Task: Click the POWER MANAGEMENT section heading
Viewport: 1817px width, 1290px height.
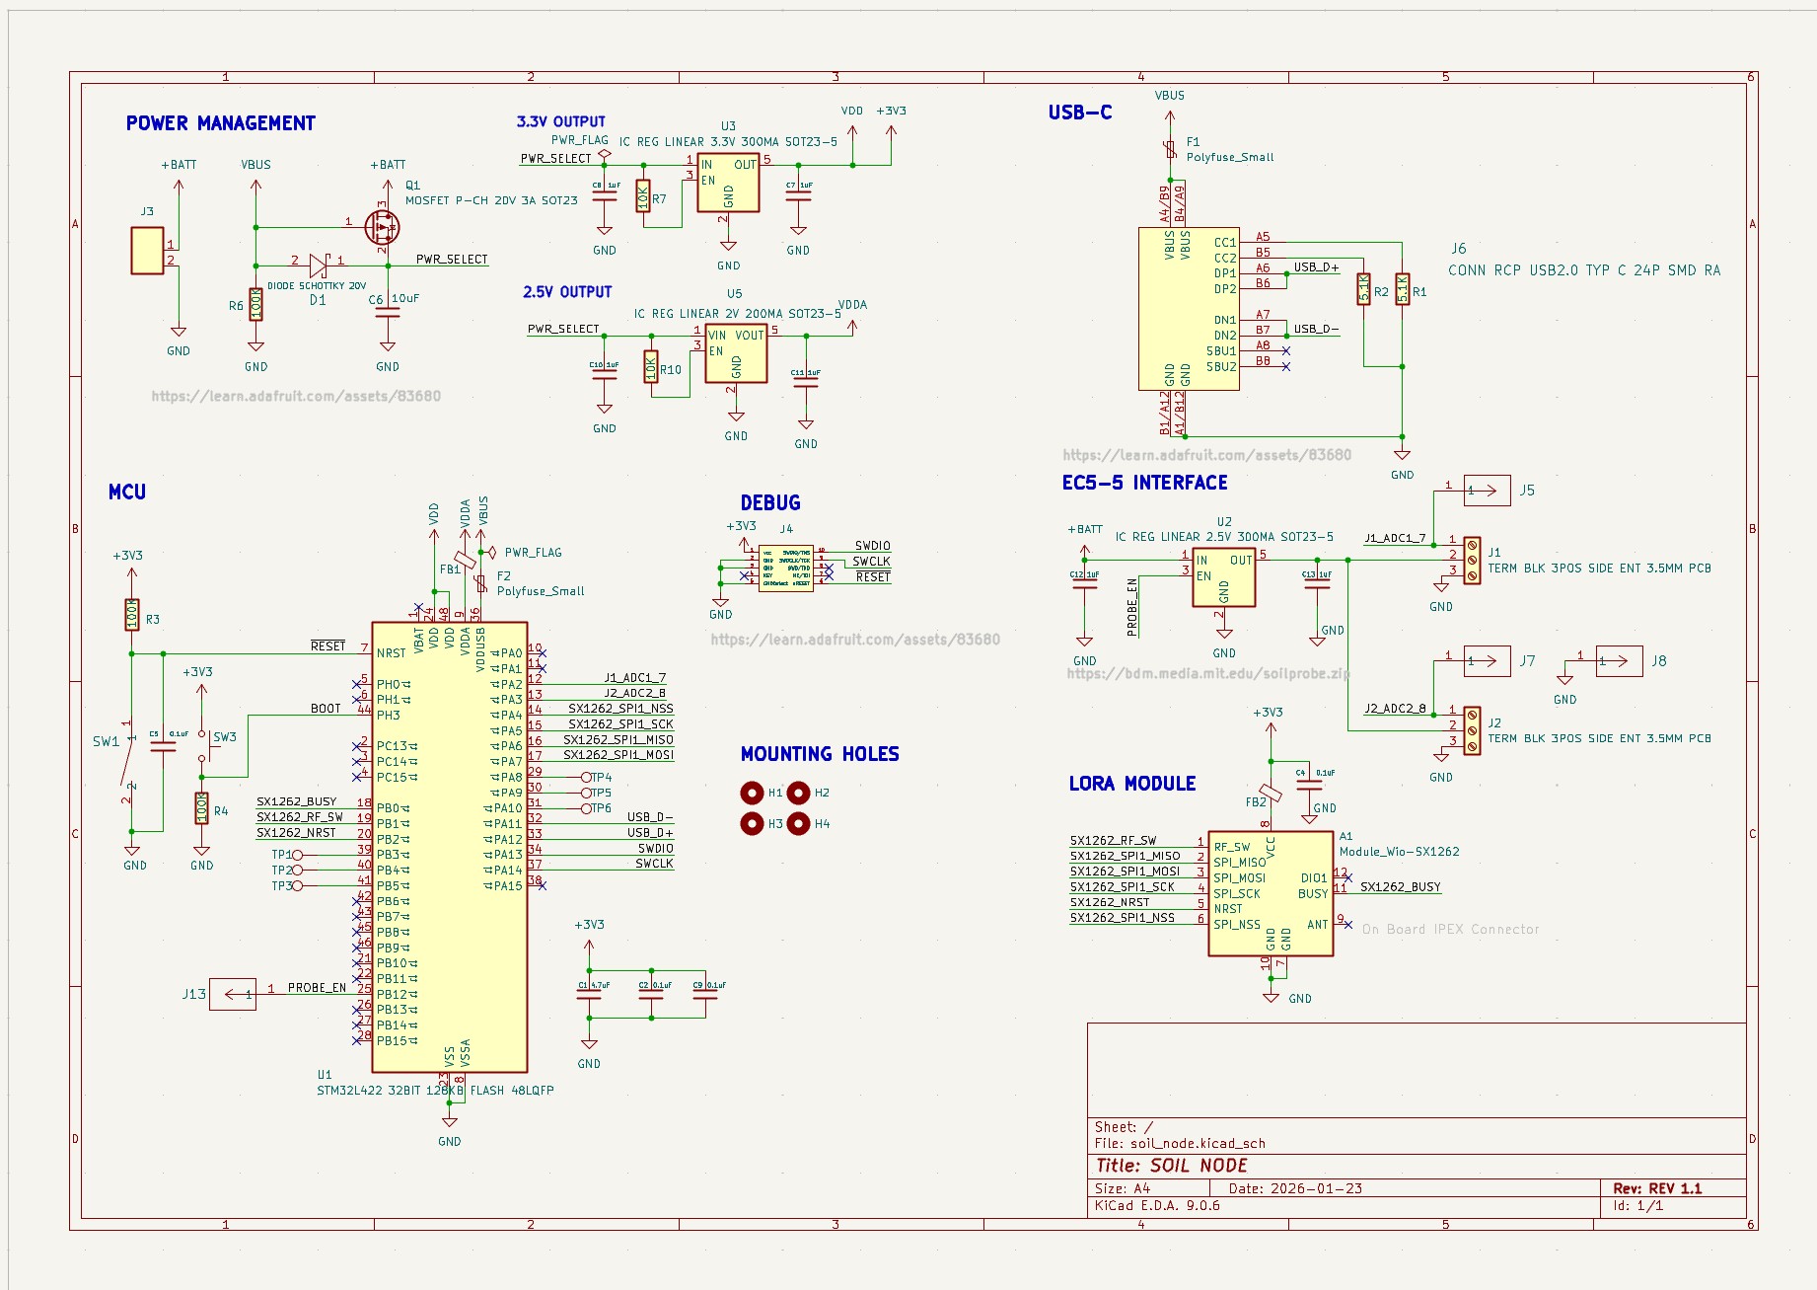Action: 220,123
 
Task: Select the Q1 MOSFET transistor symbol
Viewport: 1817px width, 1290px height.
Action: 382,227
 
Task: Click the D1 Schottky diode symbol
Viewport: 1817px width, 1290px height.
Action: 318,265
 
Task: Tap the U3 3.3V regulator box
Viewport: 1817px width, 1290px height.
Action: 728,183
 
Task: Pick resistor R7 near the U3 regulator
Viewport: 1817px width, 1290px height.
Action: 643,196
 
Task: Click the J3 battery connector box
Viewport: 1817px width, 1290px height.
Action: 147,251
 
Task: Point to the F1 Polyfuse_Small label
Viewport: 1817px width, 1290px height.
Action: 1229,157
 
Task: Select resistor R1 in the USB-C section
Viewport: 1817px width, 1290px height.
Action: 1402,289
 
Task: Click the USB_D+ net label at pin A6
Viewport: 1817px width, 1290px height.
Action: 1316,267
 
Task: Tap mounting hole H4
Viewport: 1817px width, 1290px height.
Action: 799,823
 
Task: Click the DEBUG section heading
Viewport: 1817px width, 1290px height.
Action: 769,503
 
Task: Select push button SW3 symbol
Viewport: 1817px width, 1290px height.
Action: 203,746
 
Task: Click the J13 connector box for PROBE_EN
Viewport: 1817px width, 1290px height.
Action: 233,994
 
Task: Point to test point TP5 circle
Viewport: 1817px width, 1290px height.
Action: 587,793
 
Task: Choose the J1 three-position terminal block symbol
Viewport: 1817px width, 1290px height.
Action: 1472,560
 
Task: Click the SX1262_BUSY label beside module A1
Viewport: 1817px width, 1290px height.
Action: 1400,887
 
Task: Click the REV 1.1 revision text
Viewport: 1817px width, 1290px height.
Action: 1657,1188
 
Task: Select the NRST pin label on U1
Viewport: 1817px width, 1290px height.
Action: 391,653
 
